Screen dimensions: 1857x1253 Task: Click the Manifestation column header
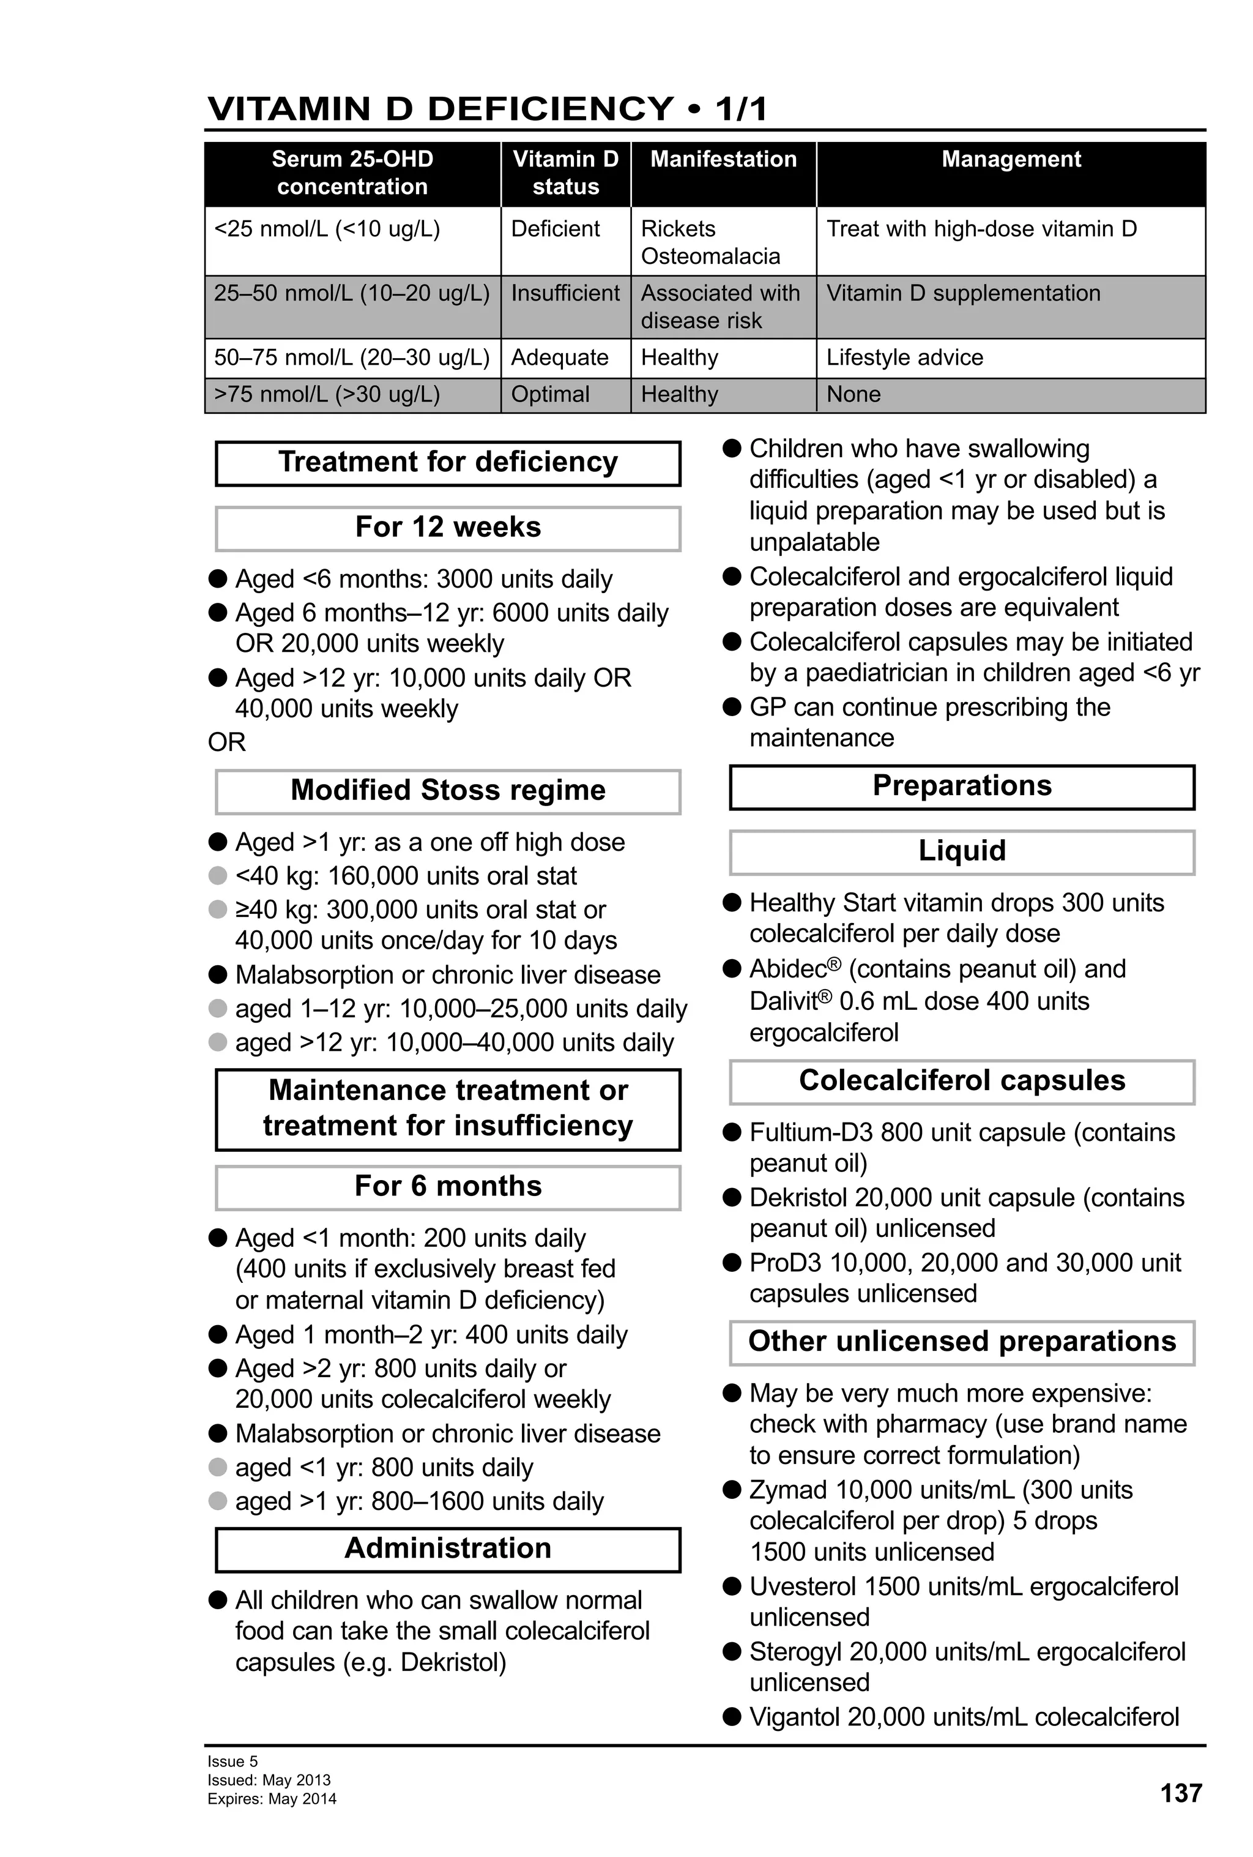click(x=723, y=159)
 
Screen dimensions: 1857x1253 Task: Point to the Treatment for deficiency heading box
click(x=447, y=463)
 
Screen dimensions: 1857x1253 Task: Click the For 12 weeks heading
click(x=447, y=528)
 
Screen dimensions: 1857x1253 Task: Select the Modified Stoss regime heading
click(x=447, y=790)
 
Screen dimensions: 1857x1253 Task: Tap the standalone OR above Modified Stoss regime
click(x=227, y=742)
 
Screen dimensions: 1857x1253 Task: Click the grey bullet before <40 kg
click(x=218, y=876)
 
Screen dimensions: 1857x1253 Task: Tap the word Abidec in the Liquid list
click(x=787, y=970)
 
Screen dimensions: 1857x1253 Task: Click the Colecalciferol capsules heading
click(x=962, y=1080)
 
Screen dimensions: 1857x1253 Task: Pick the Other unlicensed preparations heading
click(x=962, y=1341)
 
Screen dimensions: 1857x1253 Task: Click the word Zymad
click(x=787, y=1490)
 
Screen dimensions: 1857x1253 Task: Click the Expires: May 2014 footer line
click(x=272, y=1799)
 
